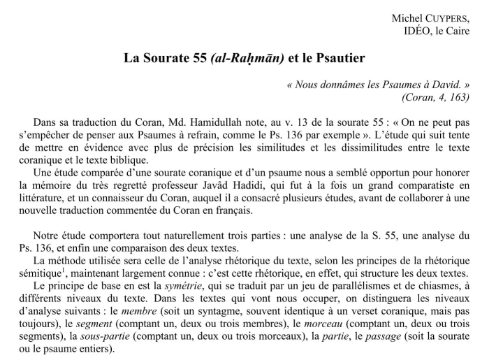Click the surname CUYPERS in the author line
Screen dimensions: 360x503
(x=445, y=17)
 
